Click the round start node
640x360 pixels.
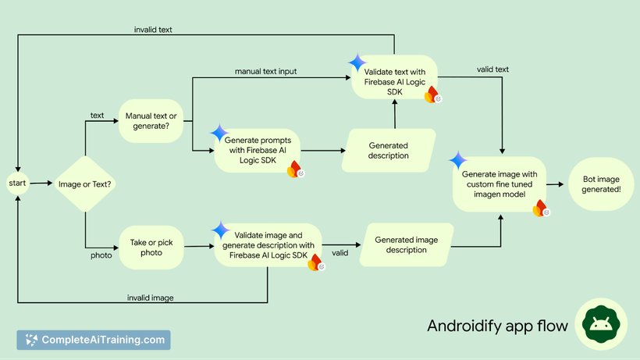click(17, 184)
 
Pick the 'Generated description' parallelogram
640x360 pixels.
click(388, 150)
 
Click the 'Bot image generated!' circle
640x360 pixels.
click(601, 184)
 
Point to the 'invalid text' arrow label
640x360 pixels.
click(153, 30)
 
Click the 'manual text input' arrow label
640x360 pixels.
click(265, 72)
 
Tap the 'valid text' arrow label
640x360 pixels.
click(492, 70)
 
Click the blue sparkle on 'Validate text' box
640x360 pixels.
click(358, 62)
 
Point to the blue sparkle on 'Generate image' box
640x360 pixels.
click(457, 161)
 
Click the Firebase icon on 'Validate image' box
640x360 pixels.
click(315, 263)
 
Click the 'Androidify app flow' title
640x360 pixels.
click(497, 326)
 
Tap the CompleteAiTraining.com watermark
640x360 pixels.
click(94, 340)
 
